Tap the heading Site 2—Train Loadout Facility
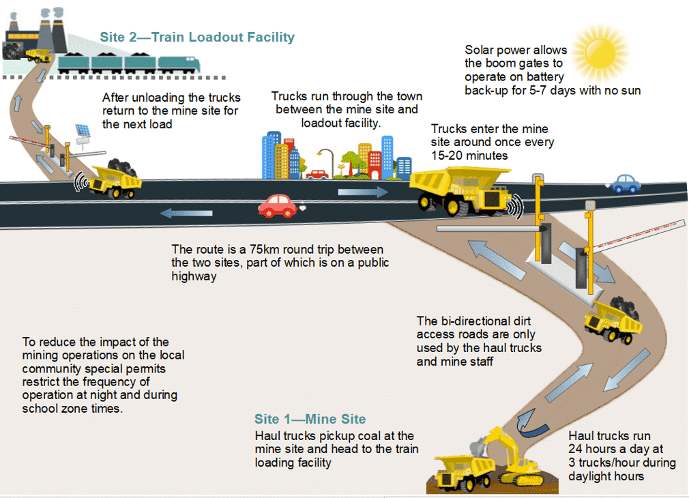point(197,37)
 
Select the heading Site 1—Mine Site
point(310,419)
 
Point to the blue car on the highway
point(626,184)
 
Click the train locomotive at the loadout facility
point(179,63)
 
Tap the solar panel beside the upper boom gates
point(82,130)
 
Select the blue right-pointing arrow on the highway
point(362,192)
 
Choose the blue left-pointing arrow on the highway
point(185,215)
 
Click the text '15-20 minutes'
point(470,156)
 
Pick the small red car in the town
point(317,174)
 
